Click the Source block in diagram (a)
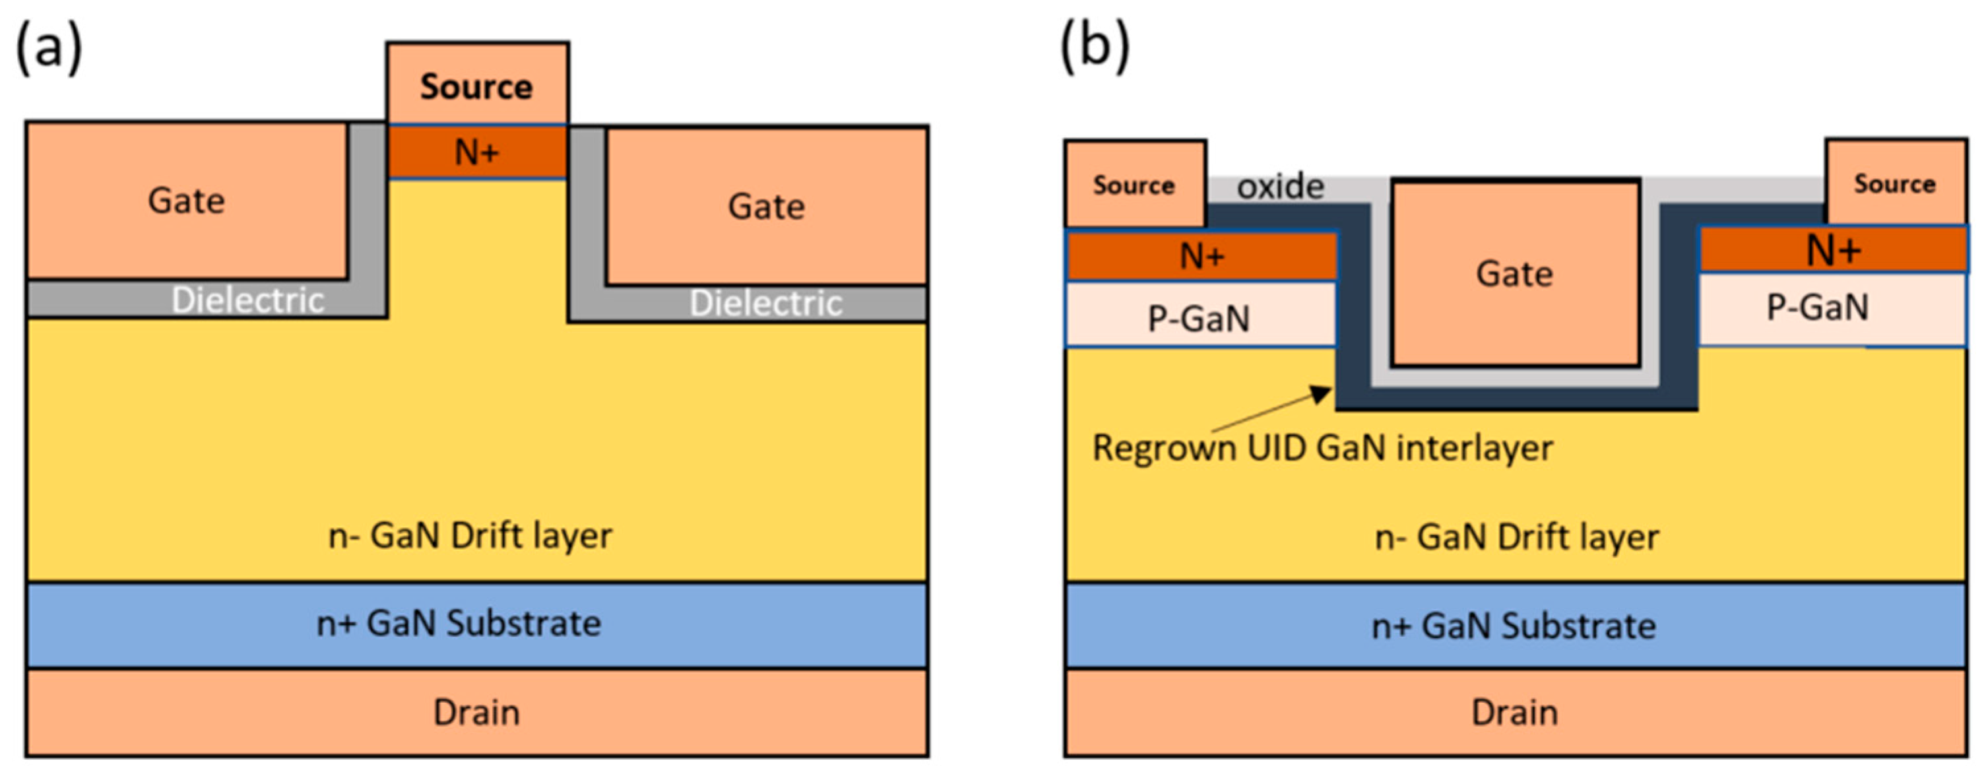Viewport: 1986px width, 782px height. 477,83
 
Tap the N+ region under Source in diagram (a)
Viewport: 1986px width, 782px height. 477,152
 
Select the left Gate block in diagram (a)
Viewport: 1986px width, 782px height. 187,200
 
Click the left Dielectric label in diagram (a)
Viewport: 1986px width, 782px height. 247,300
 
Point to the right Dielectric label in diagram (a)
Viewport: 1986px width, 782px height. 765,303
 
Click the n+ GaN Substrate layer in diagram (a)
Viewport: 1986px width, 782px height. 476,624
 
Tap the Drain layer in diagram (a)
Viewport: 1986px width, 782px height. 476,712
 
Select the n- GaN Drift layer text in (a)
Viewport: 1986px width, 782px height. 470,535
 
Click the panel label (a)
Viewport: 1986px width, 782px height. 49,48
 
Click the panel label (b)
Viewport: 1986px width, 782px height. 1095,46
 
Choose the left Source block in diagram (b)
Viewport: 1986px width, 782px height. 1135,184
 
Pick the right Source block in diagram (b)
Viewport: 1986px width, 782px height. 1895,183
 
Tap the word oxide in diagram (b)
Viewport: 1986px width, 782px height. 1281,186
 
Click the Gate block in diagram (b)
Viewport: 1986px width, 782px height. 1515,273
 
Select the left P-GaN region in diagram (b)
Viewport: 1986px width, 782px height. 1200,315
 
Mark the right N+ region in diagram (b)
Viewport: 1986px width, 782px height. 1834,249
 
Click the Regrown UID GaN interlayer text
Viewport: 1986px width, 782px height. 1323,448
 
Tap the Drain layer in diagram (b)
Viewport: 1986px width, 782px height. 1516,712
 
